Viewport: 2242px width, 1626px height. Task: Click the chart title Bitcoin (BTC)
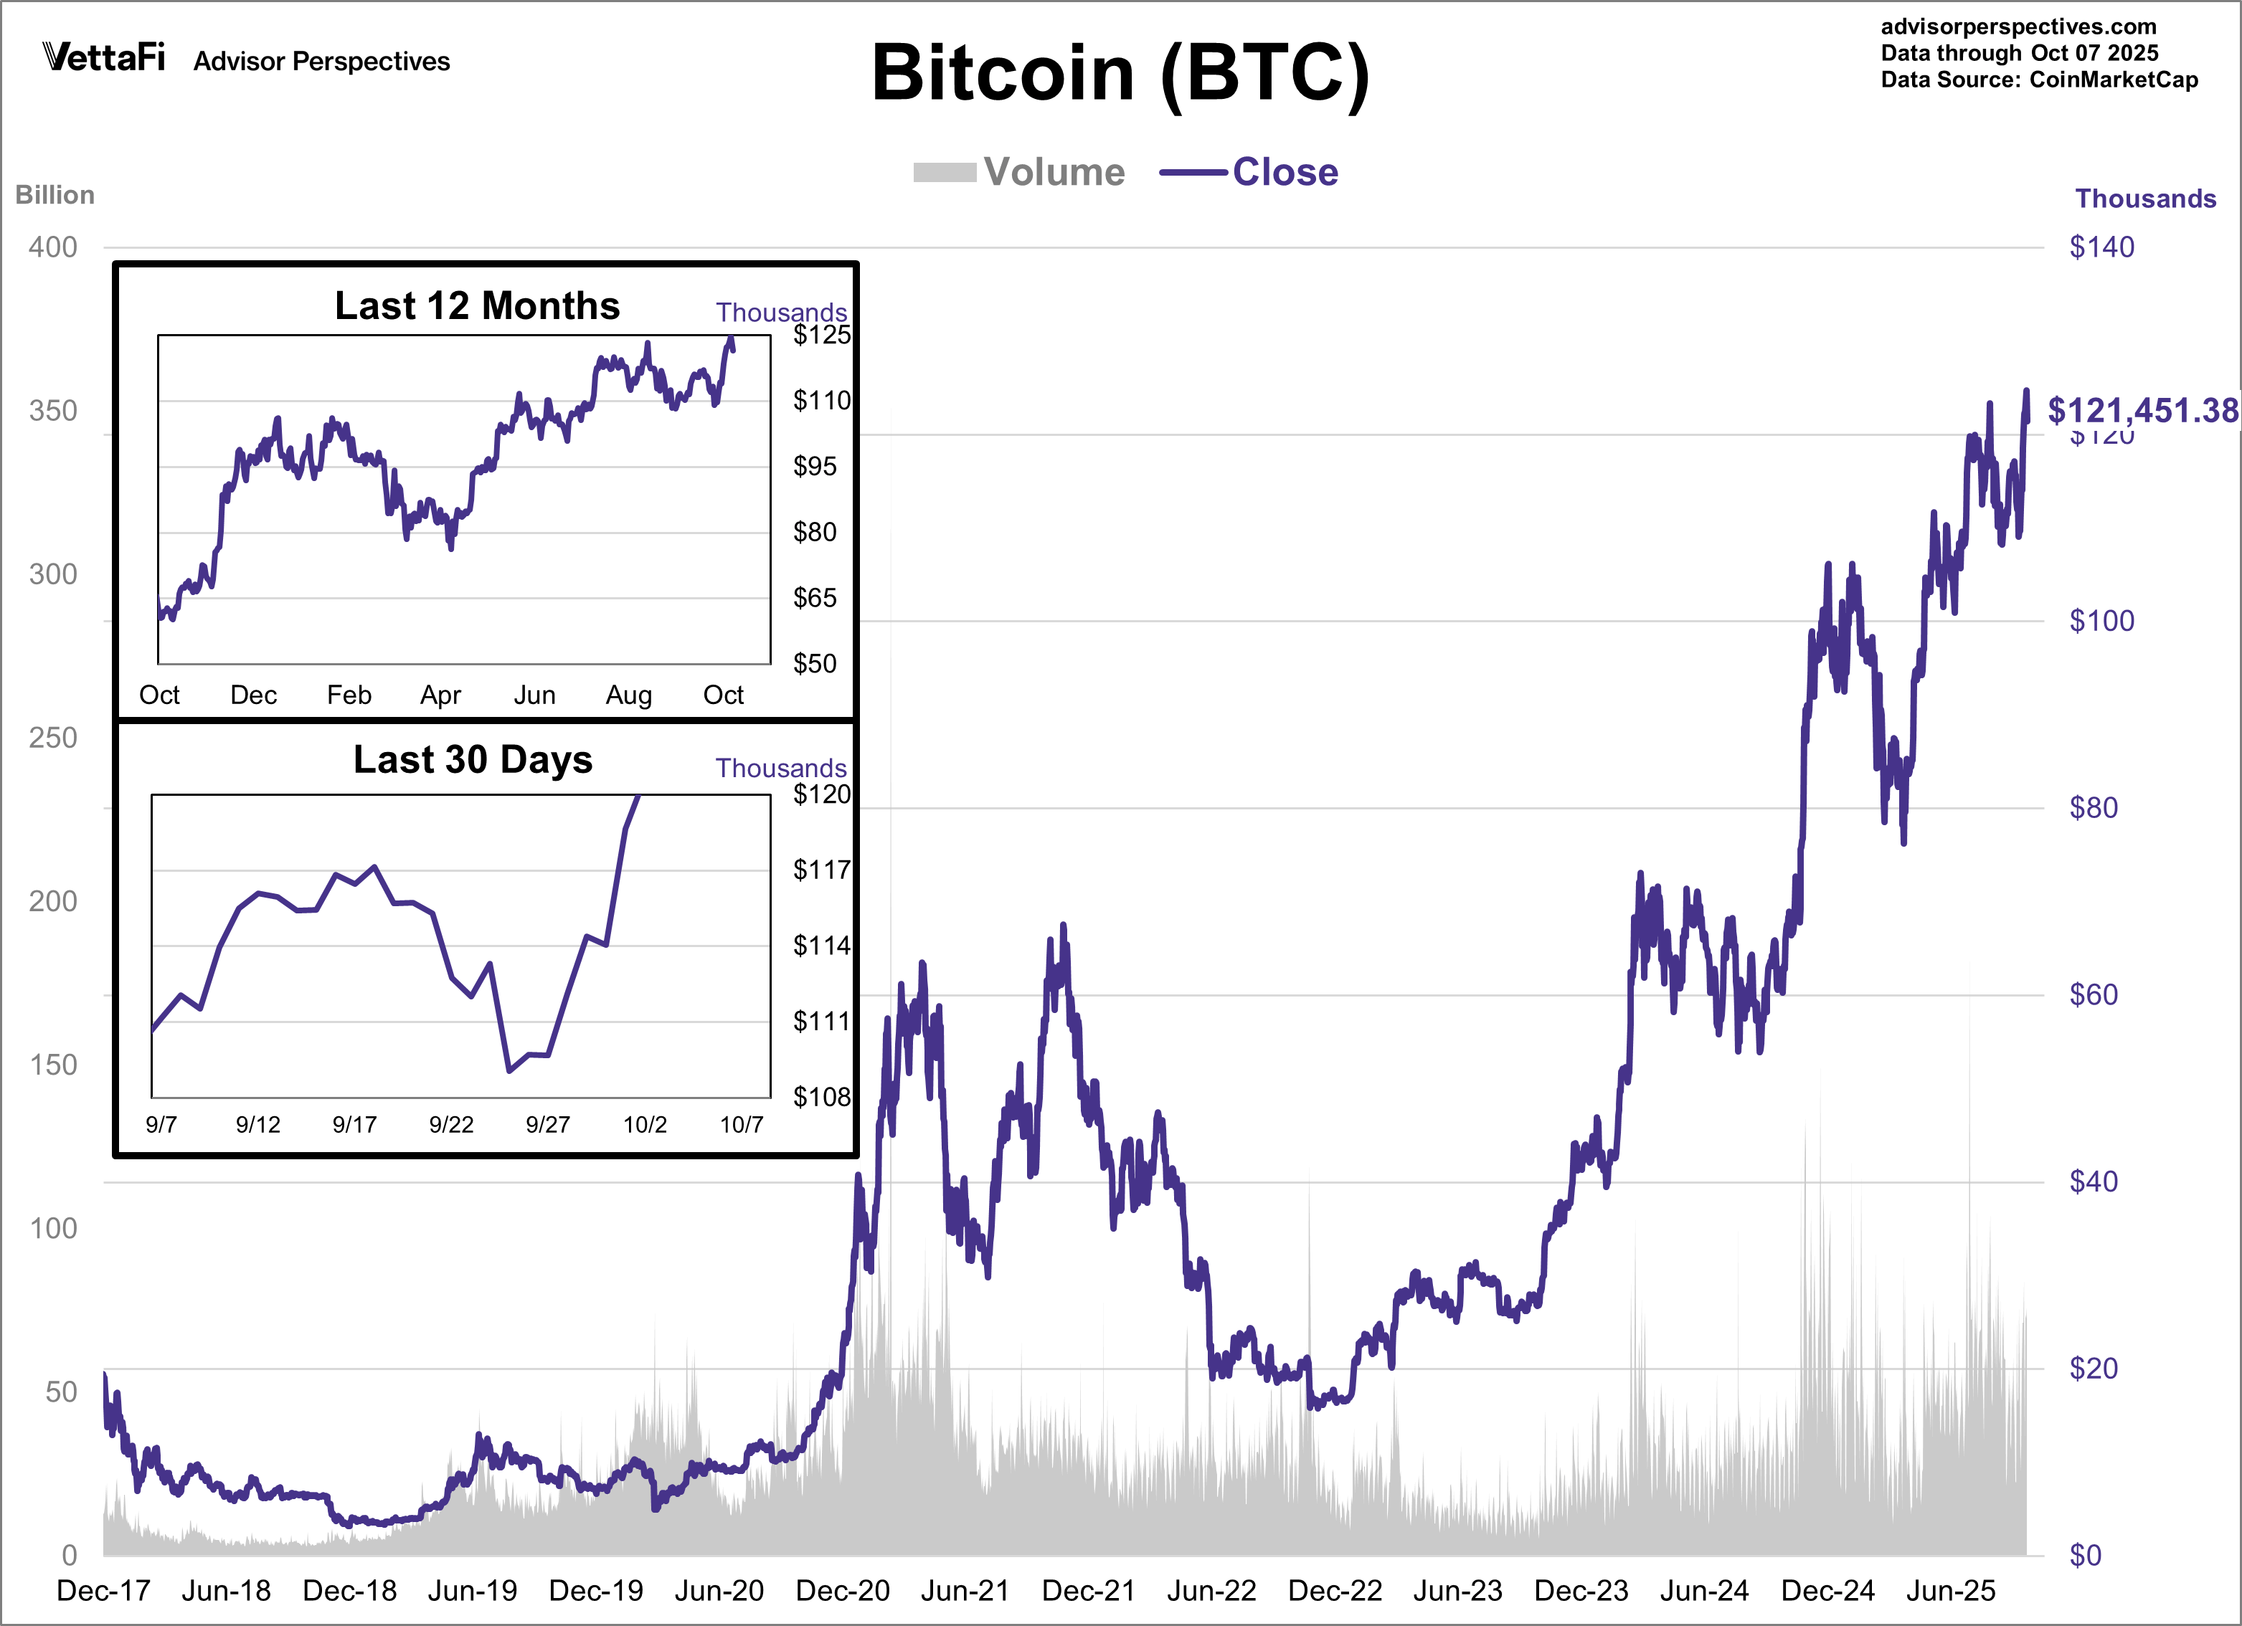(1120, 74)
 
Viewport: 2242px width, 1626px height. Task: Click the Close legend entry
(1249, 172)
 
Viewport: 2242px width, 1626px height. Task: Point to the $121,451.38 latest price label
(2141, 409)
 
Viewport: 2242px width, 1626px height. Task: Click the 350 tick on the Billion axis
(53, 412)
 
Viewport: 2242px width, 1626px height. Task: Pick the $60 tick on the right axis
(2093, 994)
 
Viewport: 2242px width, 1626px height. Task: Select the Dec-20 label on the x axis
(842, 1590)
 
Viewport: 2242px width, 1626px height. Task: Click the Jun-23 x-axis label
(1457, 1590)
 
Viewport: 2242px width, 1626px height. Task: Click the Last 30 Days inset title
(473, 759)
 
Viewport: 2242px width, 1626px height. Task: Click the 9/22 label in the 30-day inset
(451, 1124)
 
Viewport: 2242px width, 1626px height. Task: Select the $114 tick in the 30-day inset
(820, 945)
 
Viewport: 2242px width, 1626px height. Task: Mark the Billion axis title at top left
(55, 195)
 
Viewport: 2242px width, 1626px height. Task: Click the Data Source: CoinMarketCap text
(2038, 80)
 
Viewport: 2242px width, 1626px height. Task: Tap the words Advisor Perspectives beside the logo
(321, 61)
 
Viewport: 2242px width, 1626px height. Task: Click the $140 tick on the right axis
(2101, 247)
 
